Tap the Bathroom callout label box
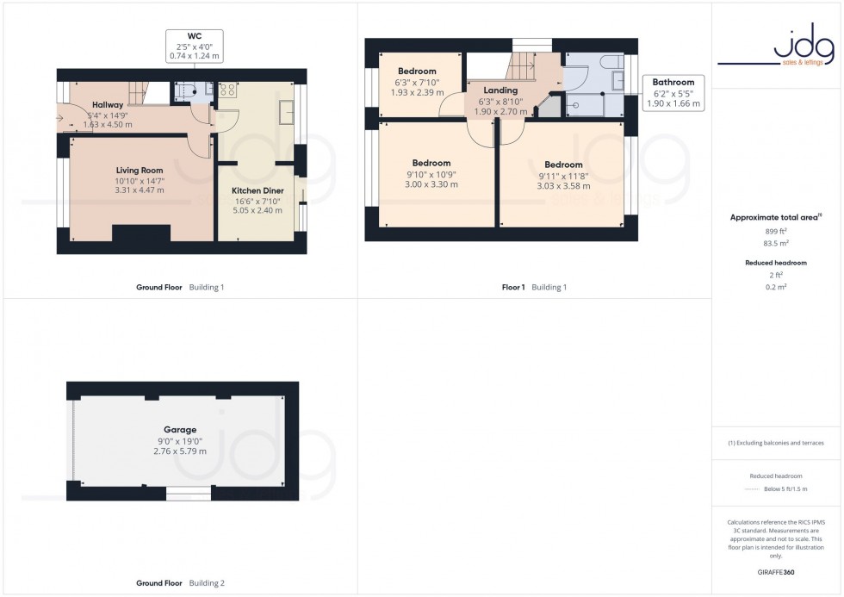tap(673, 93)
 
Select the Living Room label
tap(140, 171)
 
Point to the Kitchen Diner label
tap(258, 190)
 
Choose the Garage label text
tap(180, 429)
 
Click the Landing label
tap(500, 90)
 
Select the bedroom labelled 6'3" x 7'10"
tap(417, 82)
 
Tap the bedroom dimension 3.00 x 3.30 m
tap(431, 184)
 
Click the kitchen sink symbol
tap(288, 111)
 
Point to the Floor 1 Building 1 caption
tap(534, 288)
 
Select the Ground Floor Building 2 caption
tap(180, 583)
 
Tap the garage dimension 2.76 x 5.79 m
tap(180, 451)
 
